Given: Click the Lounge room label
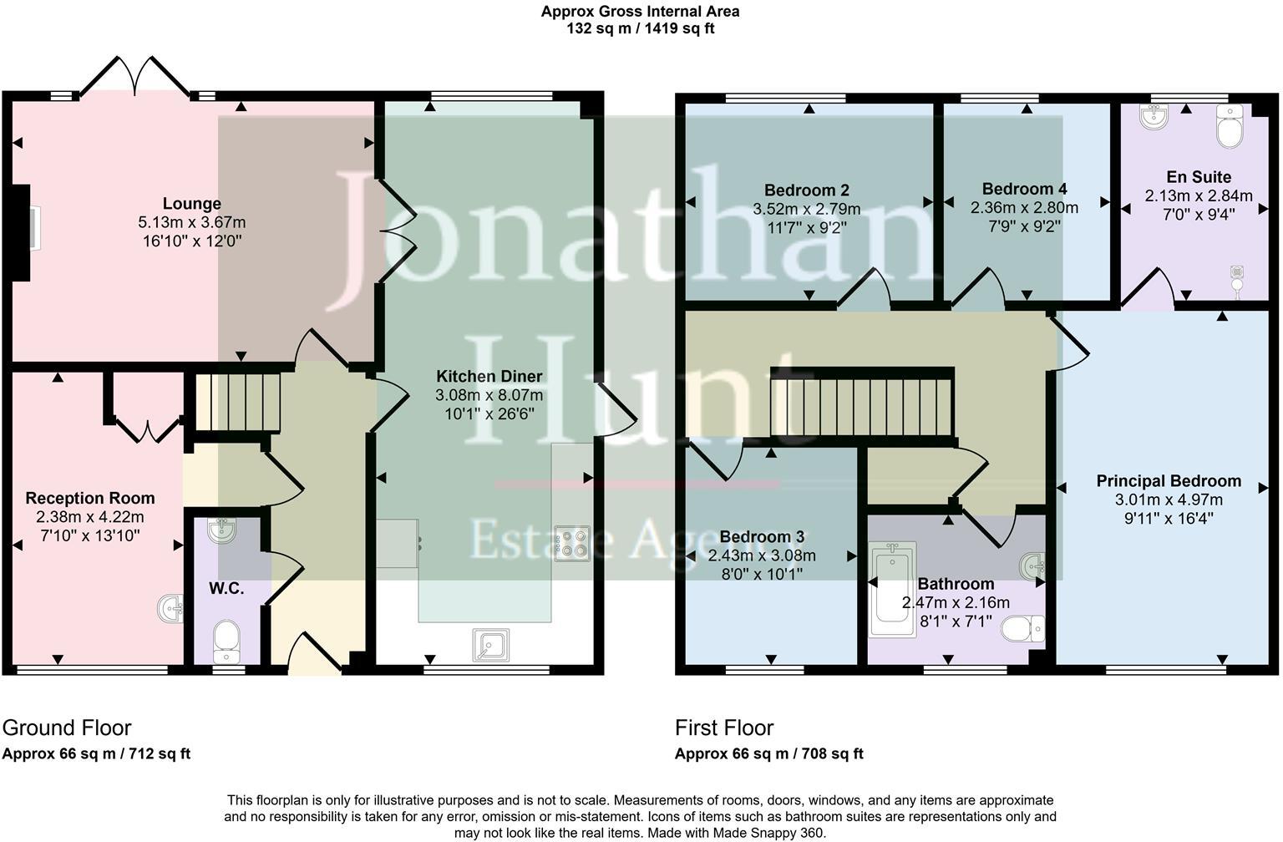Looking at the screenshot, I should click(x=191, y=204).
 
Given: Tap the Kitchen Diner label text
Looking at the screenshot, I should click(x=489, y=377).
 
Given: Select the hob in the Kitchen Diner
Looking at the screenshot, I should click(x=572, y=542).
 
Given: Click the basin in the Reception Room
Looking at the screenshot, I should click(x=170, y=608).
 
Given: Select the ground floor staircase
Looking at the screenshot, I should click(x=237, y=402).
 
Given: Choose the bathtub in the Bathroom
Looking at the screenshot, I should click(x=892, y=589).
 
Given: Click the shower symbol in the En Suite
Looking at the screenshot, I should click(x=1237, y=277).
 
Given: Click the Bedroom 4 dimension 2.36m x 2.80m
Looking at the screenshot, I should click(x=1023, y=207).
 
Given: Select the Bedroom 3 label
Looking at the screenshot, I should click(x=761, y=537).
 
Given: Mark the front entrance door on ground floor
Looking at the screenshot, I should click(x=313, y=655).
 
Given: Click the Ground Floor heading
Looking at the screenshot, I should click(x=67, y=728).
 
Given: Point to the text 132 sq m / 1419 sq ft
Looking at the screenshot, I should click(x=640, y=28).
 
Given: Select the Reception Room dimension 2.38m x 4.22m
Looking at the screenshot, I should click(x=90, y=517).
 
